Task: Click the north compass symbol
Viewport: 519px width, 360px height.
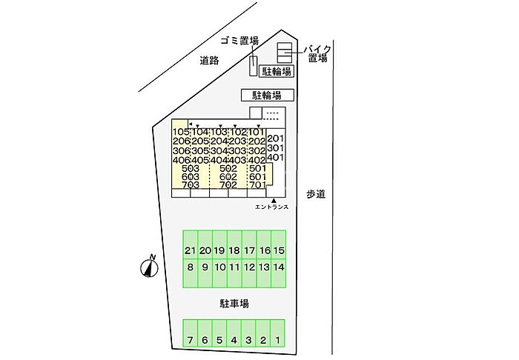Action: (149, 267)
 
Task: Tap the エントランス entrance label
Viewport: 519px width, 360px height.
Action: (272, 207)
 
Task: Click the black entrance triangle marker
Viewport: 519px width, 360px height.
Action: (274, 200)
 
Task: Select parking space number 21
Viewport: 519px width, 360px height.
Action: (191, 244)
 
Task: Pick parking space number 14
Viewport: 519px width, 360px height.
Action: (279, 273)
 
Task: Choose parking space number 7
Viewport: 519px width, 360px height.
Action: (190, 333)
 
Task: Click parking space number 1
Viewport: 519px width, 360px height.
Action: (278, 333)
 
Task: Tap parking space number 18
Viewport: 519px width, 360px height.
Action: (234, 244)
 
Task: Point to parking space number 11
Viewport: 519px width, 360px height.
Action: (234, 273)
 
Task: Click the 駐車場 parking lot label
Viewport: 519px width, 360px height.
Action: (234, 304)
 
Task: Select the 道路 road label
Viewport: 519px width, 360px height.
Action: (209, 61)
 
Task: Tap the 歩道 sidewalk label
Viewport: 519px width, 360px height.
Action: (315, 194)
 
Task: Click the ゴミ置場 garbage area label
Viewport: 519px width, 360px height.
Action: (240, 41)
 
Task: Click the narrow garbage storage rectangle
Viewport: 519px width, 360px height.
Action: (254, 66)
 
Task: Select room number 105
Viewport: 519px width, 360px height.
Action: (181, 133)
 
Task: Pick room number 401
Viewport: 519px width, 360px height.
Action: (275, 157)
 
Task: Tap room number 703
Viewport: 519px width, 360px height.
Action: (191, 184)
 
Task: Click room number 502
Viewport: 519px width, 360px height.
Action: (228, 169)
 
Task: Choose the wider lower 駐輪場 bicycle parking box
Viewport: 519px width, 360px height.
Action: (268, 96)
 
